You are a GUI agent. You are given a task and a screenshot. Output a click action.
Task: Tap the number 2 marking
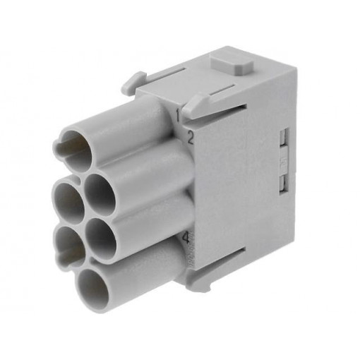189,137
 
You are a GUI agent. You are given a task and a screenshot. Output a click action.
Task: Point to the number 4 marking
186,238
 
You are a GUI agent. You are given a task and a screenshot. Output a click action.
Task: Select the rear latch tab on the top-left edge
133,83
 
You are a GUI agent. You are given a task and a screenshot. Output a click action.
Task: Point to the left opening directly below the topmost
68,200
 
